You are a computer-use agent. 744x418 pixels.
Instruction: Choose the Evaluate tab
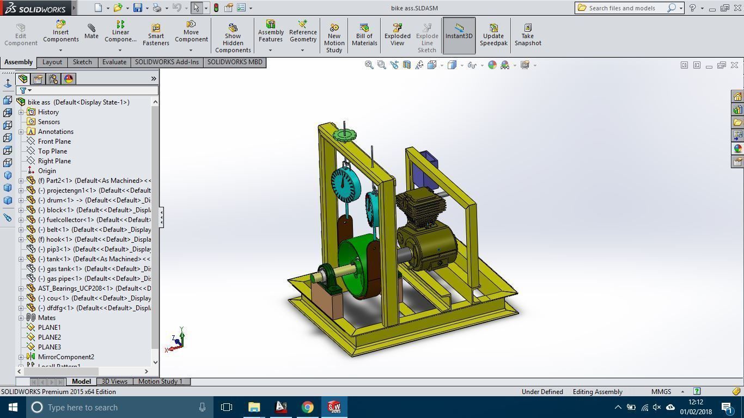point(114,62)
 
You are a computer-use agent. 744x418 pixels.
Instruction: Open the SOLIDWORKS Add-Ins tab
point(167,62)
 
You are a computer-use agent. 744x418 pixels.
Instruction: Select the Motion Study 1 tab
point(160,382)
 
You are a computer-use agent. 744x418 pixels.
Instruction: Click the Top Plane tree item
point(52,151)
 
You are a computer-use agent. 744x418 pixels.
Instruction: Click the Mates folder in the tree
point(46,318)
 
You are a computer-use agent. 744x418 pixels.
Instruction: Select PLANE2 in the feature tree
point(49,337)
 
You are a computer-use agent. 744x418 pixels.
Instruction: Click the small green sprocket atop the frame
point(344,134)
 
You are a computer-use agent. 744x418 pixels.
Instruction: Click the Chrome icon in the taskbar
point(308,407)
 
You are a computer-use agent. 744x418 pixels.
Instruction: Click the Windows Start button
point(13,407)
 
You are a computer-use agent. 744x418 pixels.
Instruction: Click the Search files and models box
point(626,8)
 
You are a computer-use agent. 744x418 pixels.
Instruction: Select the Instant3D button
point(459,35)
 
